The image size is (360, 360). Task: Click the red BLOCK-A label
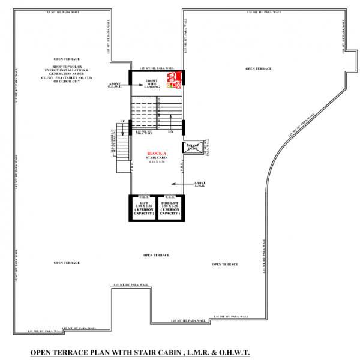click(157, 154)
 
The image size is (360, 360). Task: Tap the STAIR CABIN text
click(157, 158)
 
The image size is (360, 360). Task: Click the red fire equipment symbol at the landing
click(173, 80)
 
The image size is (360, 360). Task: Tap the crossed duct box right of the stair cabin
click(192, 148)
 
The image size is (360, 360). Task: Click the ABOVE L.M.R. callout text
click(200, 184)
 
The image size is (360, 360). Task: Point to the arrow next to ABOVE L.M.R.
click(179, 184)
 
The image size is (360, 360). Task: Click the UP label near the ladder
click(122, 121)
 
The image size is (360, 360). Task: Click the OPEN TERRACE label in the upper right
click(259, 69)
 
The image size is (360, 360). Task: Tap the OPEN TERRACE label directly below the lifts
click(157, 255)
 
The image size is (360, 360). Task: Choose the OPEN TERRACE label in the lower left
click(67, 263)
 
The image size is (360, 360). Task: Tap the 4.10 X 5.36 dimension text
click(157, 163)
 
